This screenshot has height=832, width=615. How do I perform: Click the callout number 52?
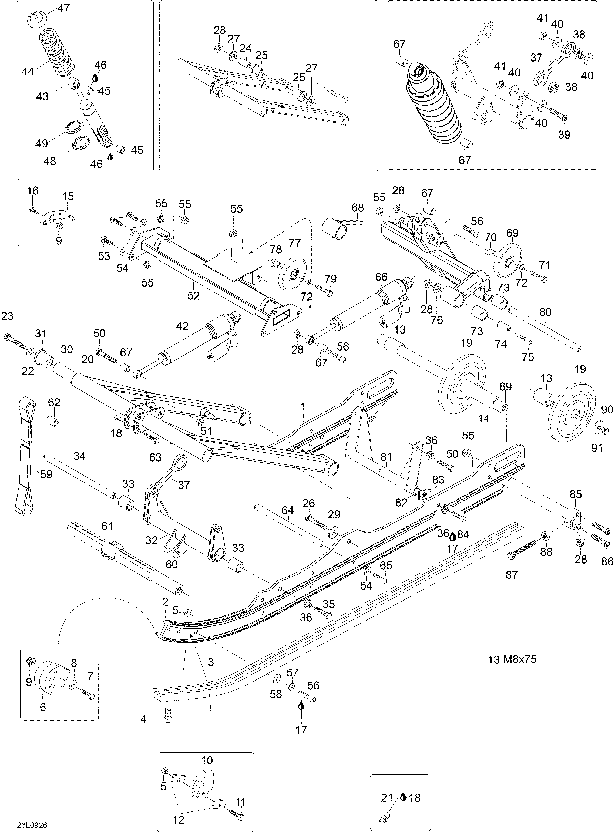tap(194, 296)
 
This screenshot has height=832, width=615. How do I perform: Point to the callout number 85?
tap(576, 495)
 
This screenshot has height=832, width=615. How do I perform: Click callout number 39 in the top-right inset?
tap(564, 134)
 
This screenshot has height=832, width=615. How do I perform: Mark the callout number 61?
tap(107, 526)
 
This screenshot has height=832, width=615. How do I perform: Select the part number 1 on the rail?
tap(303, 406)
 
